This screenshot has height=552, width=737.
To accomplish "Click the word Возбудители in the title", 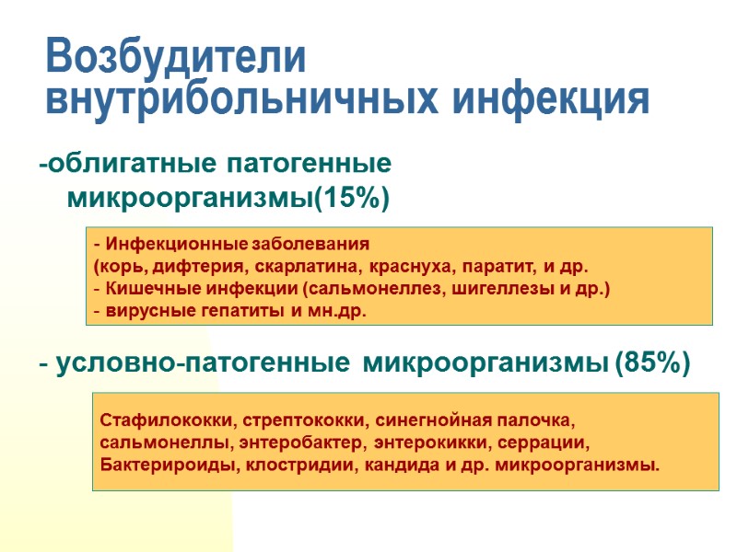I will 175,57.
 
